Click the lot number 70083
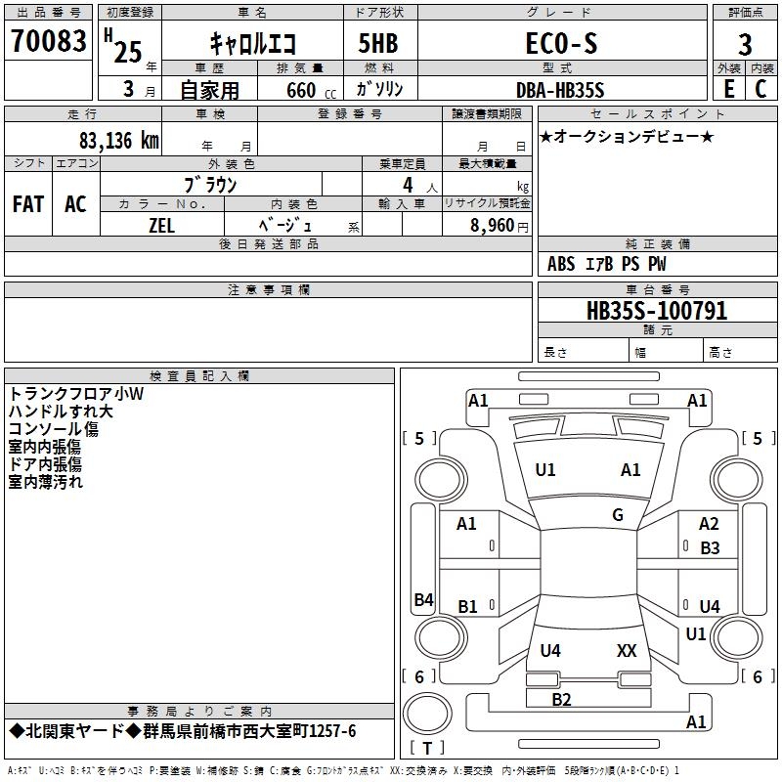48,42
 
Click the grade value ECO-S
555,43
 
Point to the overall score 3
745,45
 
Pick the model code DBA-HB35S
560,90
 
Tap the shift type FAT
28,204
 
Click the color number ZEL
161,224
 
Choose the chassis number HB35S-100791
657,311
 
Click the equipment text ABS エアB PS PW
607,264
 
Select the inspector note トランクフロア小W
76,394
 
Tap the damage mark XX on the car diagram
627,650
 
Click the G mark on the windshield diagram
618,515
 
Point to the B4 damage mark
423,600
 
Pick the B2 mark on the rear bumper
561,699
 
